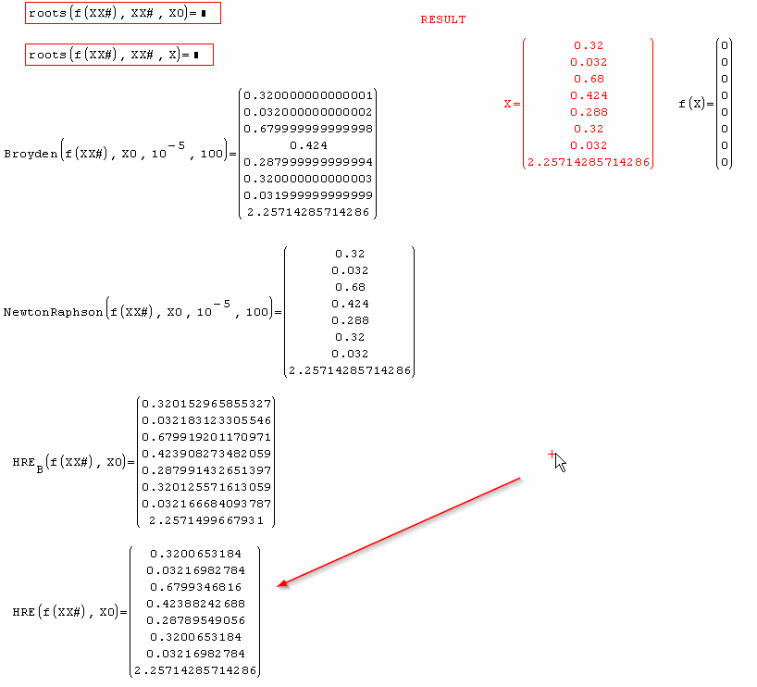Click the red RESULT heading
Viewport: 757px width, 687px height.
(443, 19)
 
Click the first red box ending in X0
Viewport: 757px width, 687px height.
(122, 14)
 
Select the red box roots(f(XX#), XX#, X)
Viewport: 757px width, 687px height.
(118, 55)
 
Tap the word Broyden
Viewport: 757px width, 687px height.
(29, 154)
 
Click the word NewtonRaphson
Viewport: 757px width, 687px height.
(53, 312)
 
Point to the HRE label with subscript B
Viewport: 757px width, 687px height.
(27, 461)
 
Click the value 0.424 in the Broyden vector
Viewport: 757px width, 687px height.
(308, 145)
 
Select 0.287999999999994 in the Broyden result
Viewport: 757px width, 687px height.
(308, 162)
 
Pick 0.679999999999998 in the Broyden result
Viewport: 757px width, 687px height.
(308, 129)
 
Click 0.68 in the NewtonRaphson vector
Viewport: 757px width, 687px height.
(350, 287)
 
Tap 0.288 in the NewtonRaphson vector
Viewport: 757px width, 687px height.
(350, 320)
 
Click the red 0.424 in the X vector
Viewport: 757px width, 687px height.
(589, 95)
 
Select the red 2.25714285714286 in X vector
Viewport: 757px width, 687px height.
(589, 162)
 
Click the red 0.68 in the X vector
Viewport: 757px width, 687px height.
(589, 79)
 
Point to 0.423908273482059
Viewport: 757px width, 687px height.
(206, 454)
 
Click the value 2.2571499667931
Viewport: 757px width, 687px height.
(206, 520)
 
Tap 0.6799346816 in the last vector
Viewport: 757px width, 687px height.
(195, 587)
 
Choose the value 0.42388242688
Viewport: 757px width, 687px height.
(195, 604)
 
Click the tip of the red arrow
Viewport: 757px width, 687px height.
(279, 586)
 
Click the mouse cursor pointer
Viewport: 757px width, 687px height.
(560, 462)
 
